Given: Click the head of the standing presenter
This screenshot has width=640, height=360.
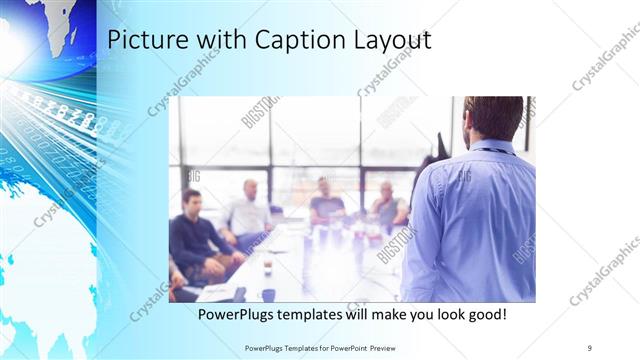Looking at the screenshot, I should click(493, 118).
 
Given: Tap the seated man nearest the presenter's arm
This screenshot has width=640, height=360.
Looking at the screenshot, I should click(389, 207).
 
